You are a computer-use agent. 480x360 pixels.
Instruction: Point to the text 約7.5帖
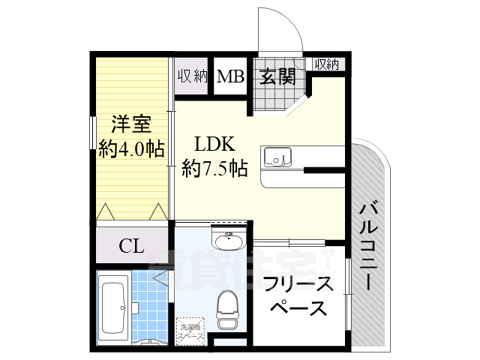click(214, 169)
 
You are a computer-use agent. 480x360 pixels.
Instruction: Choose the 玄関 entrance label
click(276, 76)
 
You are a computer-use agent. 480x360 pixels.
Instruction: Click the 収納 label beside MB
click(193, 76)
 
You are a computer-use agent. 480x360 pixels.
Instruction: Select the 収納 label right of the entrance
click(327, 64)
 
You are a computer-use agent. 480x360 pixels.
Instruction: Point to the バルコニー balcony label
click(367, 247)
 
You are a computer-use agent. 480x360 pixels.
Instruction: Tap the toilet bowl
click(227, 307)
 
